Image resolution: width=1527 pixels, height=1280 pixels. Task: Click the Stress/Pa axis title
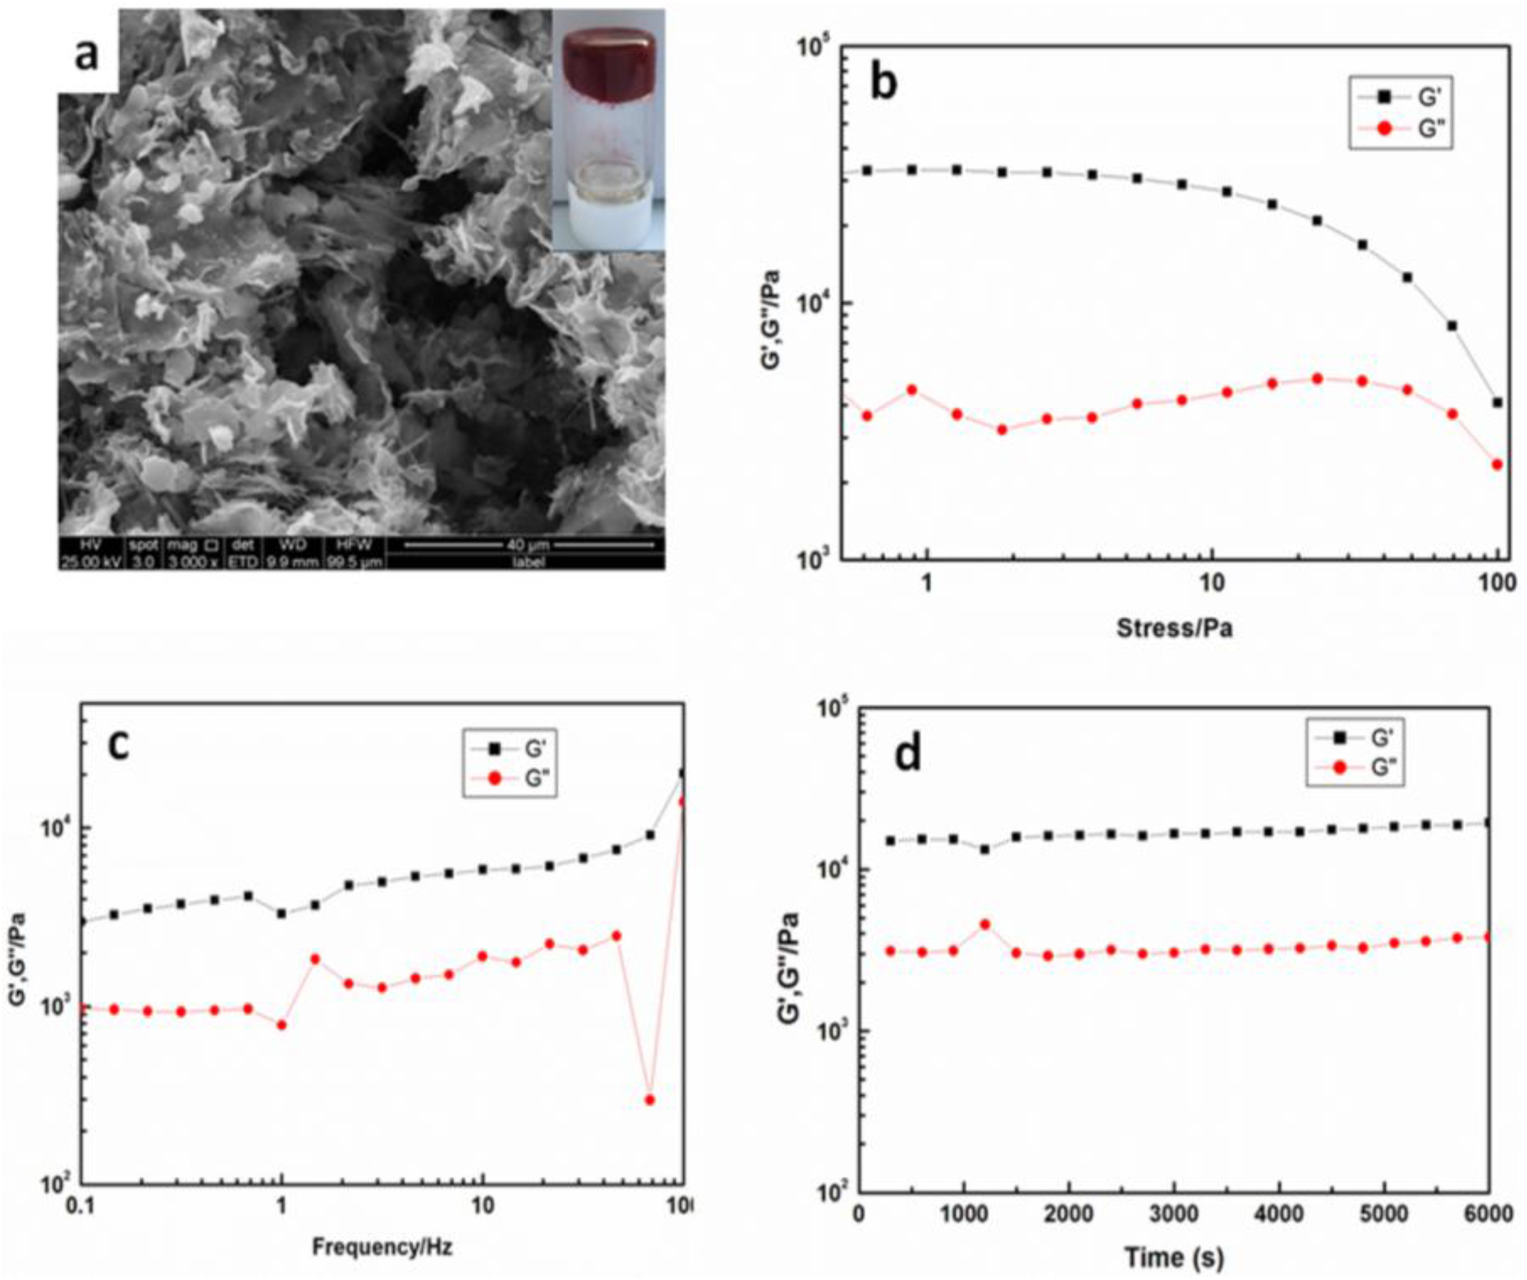click(x=1174, y=627)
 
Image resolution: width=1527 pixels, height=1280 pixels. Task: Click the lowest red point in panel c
click(x=650, y=1100)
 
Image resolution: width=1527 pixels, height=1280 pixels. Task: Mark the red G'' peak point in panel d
click(x=985, y=924)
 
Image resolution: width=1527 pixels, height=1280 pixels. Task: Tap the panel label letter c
click(x=118, y=745)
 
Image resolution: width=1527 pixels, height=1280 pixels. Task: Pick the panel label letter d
click(x=907, y=754)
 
